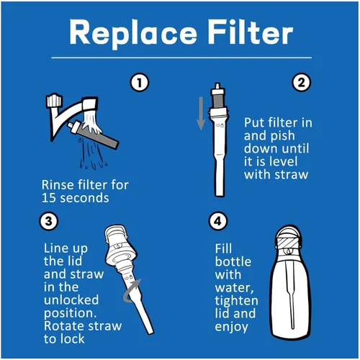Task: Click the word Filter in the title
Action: [x=249, y=32]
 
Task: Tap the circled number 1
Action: [x=141, y=82]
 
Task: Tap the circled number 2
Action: [x=300, y=82]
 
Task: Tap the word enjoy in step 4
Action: [x=231, y=327]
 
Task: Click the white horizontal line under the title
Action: [x=179, y=58]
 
